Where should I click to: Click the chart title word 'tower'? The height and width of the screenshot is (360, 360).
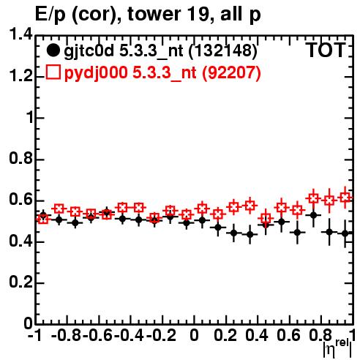(154, 14)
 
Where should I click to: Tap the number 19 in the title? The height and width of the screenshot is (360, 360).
(198, 14)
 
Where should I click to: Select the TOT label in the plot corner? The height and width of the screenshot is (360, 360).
(326, 50)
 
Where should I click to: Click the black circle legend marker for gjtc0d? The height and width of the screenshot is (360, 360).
(53, 50)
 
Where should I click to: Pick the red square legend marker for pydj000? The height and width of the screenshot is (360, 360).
(53, 72)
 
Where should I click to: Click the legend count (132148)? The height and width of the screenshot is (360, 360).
(222, 51)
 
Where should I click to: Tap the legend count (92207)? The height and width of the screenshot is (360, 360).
(231, 72)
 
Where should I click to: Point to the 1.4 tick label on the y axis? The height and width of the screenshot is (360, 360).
(20, 35)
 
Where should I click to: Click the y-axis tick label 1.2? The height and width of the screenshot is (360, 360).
(20, 76)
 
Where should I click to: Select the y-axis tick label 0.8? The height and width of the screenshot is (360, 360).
(20, 159)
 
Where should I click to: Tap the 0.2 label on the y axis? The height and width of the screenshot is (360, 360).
(20, 282)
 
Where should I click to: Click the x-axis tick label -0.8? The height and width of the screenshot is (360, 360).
(66, 336)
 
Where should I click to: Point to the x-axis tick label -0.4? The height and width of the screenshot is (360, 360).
(130, 336)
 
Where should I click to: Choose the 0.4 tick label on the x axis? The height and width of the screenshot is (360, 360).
(257, 336)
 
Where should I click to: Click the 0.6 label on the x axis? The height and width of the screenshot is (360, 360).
(288, 336)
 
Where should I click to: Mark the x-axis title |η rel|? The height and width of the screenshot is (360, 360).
(337, 348)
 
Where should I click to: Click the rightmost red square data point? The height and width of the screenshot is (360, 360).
(345, 198)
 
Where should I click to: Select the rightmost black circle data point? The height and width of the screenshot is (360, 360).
(345, 233)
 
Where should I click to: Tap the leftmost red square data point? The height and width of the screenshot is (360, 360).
(43, 220)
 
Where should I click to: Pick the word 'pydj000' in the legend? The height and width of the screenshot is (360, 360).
(96, 73)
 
